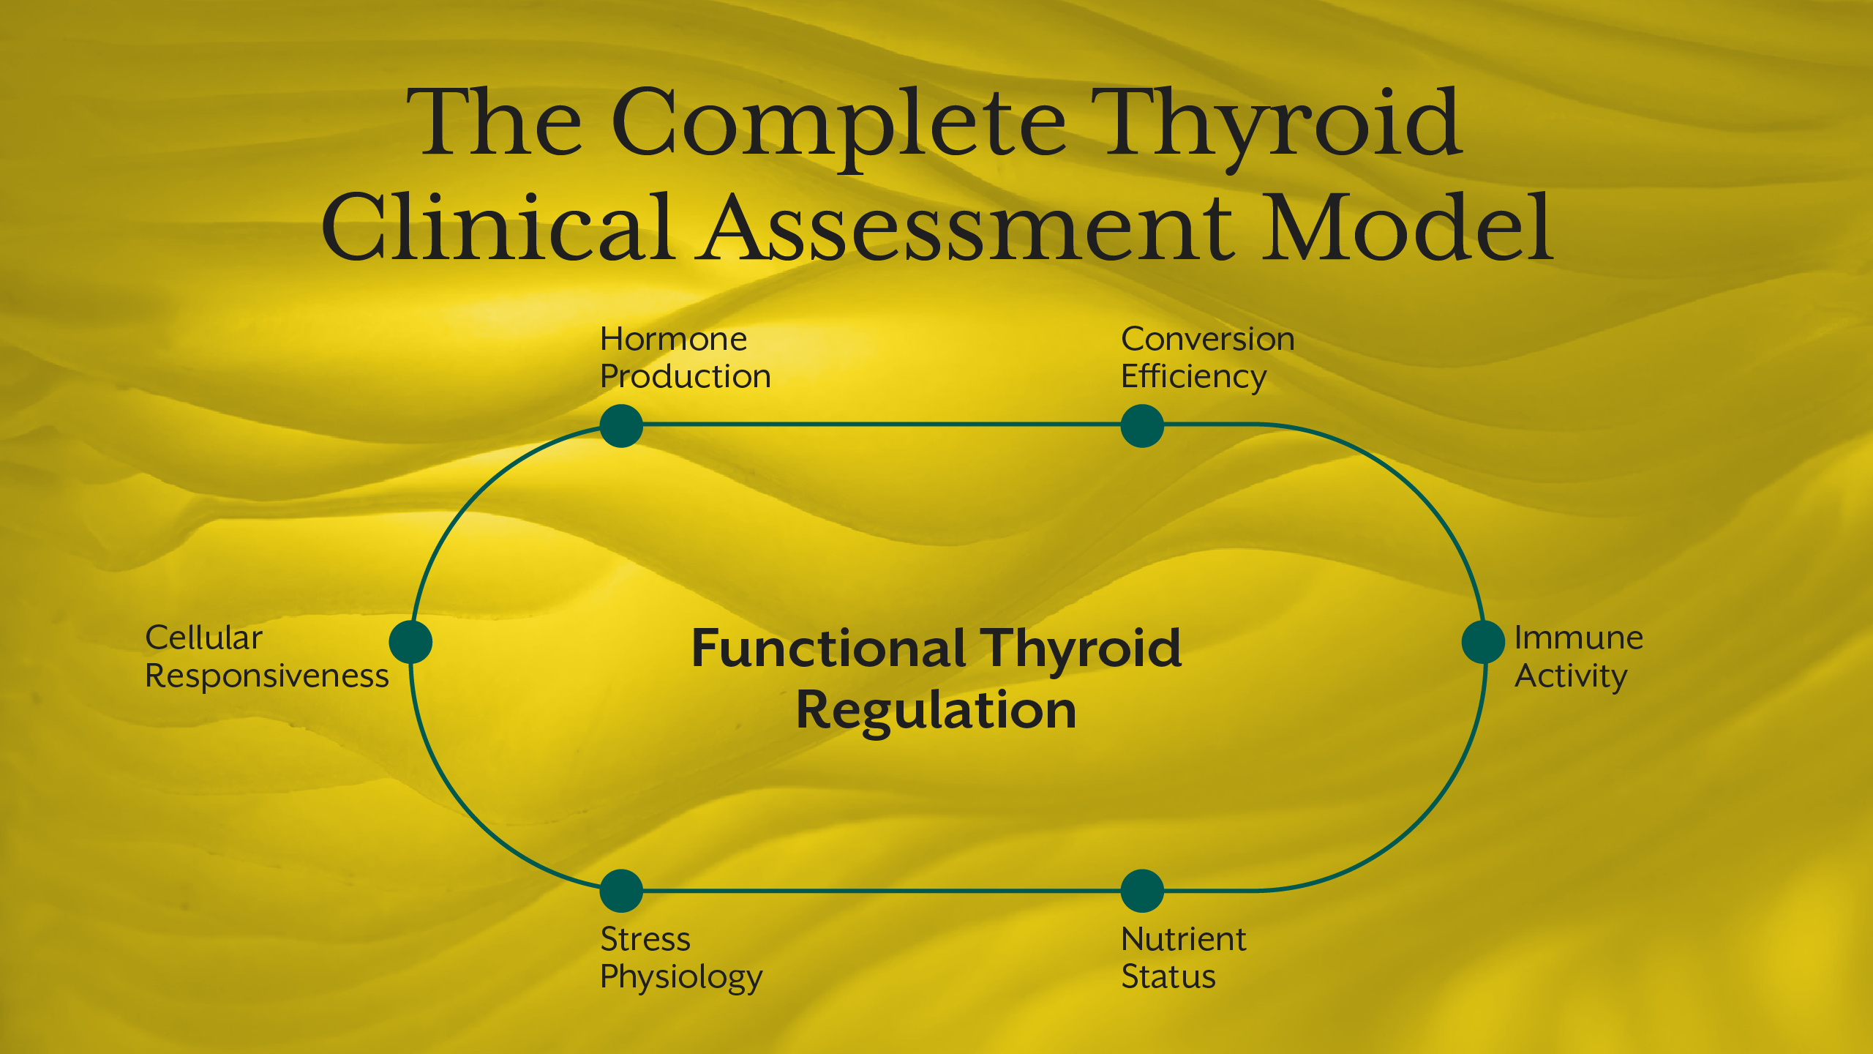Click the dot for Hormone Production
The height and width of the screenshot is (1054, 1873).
621,426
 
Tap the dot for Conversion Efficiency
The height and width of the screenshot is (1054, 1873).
1142,426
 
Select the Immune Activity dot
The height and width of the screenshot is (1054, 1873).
1483,642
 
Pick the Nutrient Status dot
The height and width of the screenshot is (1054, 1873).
1142,891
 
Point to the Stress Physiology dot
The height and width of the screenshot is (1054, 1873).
621,891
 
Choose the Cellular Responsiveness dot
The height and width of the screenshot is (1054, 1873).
410,642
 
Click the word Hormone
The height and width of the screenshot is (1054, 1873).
673,340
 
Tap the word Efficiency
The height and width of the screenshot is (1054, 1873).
1193,378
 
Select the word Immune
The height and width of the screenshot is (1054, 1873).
1578,638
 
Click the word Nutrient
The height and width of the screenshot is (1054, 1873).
1183,939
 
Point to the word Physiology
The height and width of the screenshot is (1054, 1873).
680,978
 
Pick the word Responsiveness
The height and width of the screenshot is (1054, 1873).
266,676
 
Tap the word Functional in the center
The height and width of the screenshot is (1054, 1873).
828,649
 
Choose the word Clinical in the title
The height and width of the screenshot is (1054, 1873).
498,228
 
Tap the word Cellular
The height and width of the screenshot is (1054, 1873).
203,638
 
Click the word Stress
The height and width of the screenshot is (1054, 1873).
645,939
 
